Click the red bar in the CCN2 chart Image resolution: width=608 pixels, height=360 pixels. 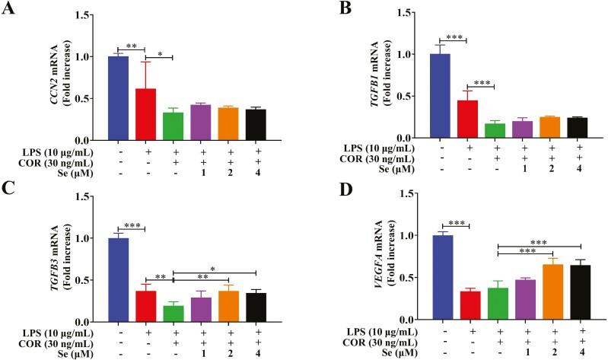tap(145, 114)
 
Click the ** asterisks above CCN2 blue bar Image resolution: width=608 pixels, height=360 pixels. tap(132, 46)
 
